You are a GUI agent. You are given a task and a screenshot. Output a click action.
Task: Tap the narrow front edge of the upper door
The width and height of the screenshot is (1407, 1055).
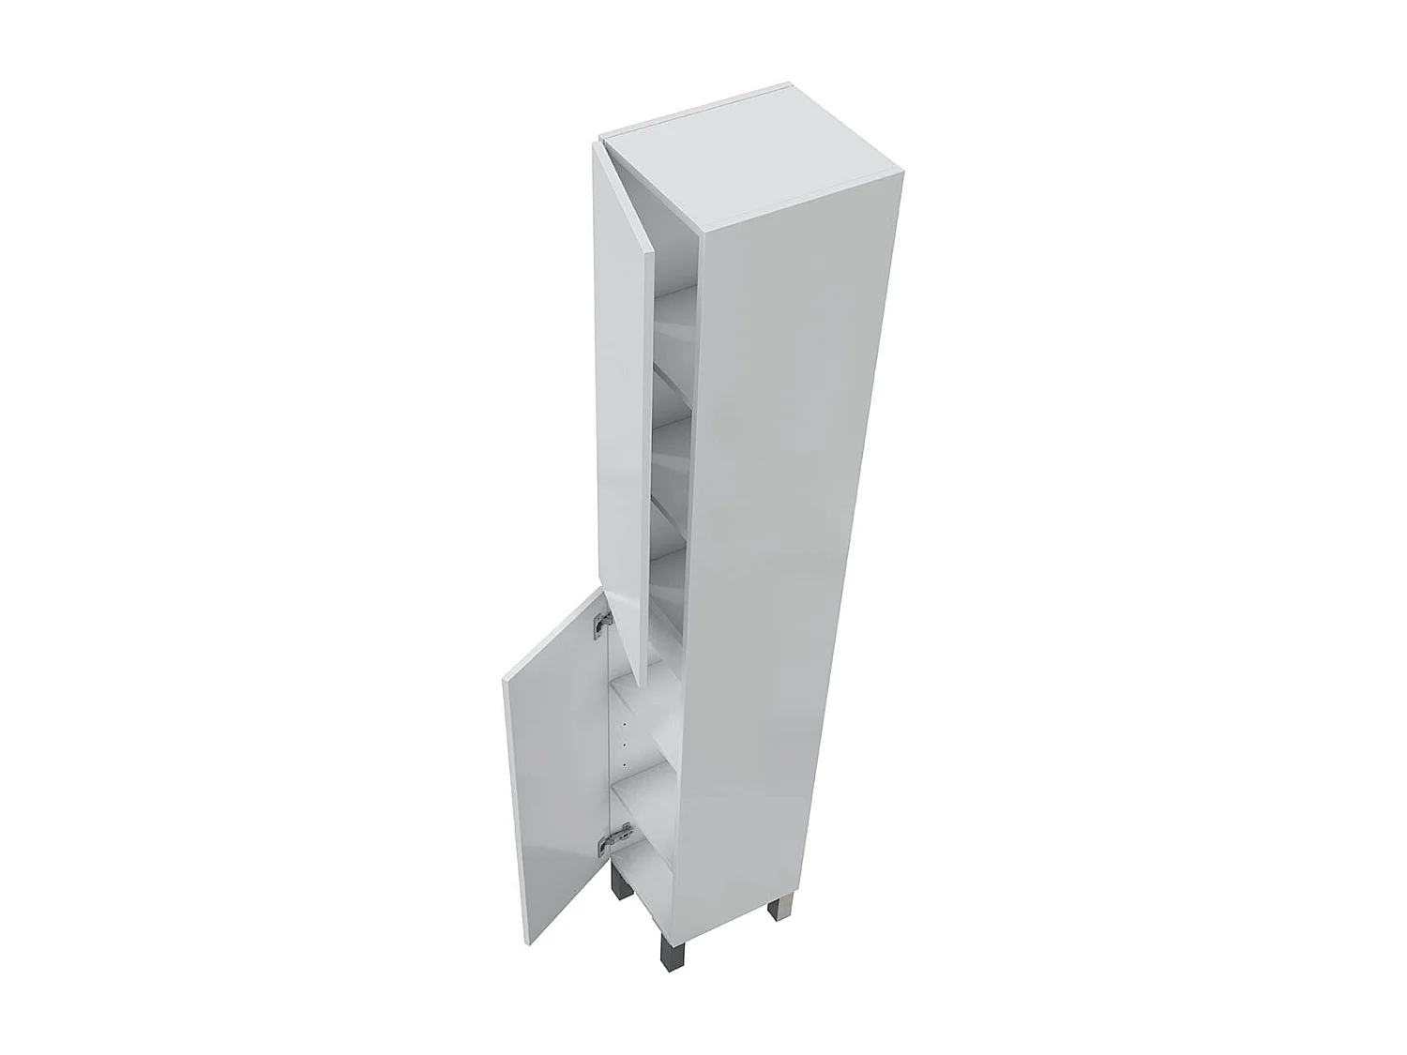click(643, 450)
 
